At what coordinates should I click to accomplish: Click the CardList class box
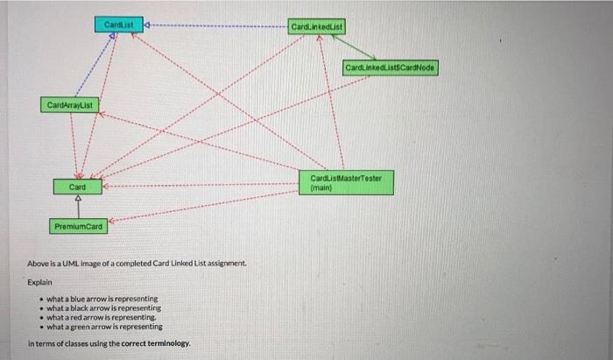pyautogui.click(x=117, y=25)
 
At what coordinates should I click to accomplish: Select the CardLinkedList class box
pyautogui.click(x=316, y=27)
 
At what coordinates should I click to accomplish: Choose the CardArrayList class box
pyautogui.click(x=70, y=106)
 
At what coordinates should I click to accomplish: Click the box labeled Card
pyautogui.click(x=78, y=187)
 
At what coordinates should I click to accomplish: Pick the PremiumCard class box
pyautogui.click(x=78, y=227)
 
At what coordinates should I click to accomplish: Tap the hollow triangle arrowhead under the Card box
pyautogui.click(x=78, y=199)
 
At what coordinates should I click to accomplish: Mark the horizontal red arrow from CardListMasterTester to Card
pyautogui.click(x=201, y=185)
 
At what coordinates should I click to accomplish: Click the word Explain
pyautogui.click(x=39, y=283)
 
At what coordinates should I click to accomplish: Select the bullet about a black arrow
pyautogui.click(x=102, y=308)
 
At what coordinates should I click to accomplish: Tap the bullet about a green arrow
pyautogui.click(x=103, y=326)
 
